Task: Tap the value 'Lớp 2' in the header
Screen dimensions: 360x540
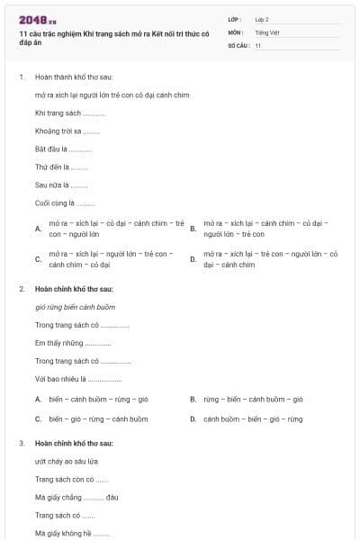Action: coord(262,19)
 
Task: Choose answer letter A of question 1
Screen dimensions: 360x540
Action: coord(38,229)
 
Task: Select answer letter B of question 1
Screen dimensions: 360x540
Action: coord(193,229)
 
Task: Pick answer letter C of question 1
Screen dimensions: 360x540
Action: coord(38,259)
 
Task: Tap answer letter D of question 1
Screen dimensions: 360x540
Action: coord(193,259)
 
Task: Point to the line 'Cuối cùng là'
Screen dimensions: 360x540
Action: coord(65,203)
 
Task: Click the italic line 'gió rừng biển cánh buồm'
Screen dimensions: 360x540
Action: coord(76,307)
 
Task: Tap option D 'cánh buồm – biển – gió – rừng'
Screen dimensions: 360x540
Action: coord(253,418)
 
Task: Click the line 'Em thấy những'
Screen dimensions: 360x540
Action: coord(73,343)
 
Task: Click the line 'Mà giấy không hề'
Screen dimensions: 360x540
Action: coord(73,533)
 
